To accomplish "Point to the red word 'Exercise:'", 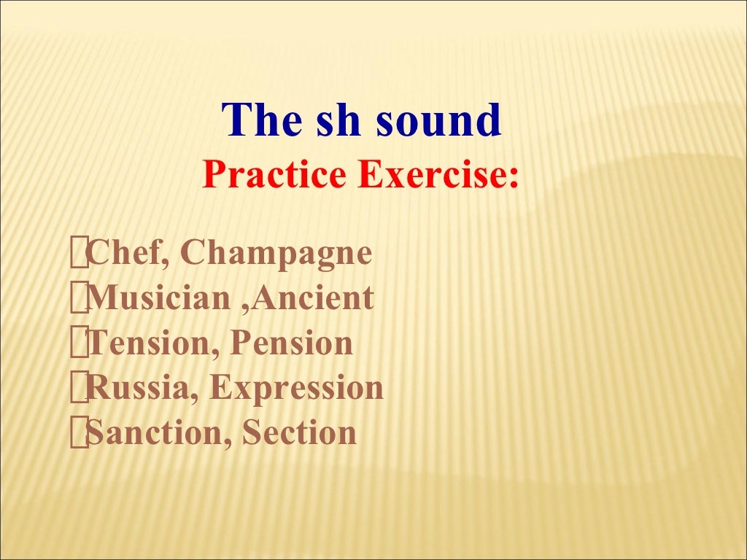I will pyautogui.click(x=438, y=176).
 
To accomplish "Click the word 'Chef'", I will pyautogui.click(x=128, y=254).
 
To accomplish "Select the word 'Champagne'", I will pyautogui.click(x=276, y=254).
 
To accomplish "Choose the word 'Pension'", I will pyautogui.click(x=291, y=343).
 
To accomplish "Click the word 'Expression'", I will pyautogui.click(x=296, y=388).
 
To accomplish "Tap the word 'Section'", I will pyautogui.click(x=299, y=432).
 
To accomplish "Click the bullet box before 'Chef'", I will pyautogui.click(x=78, y=254).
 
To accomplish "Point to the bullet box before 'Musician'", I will pyautogui.click(x=78, y=299).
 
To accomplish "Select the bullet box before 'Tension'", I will pyautogui.click(x=78, y=343).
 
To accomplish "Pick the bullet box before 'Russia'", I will pyautogui.click(x=78, y=389).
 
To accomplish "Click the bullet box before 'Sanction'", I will pyautogui.click(x=78, y=433).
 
